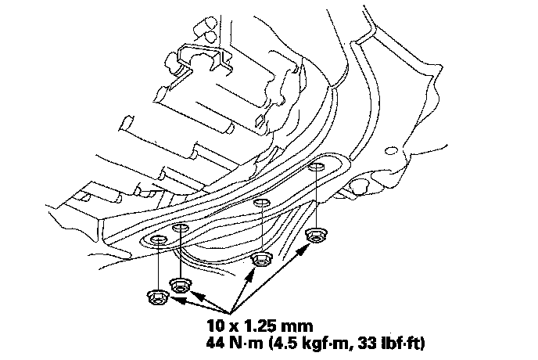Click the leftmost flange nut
point(155,296)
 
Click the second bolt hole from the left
point(180,227)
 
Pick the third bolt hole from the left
point(260,203)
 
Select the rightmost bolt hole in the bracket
point(317,166)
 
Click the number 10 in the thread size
point(215,322)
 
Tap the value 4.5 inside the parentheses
point(287,342)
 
